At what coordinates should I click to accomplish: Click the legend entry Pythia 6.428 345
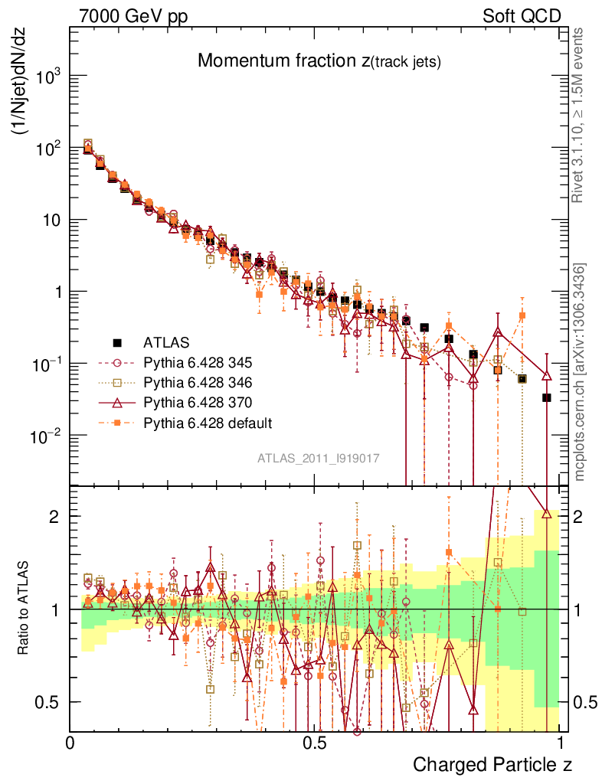(x=198, y=362)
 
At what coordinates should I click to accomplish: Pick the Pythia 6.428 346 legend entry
(x=198, y=382)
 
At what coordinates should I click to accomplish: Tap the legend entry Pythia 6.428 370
(x=198, y=402)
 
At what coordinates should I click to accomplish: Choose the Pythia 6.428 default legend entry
(x=207, y=422)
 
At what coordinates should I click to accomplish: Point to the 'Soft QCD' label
(x=522, y=16)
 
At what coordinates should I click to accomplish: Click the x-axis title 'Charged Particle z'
(x=492, y=764)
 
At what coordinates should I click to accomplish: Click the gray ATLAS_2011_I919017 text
(x=319, y=458)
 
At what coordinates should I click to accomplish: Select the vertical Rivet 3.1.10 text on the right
(x=579, y=115)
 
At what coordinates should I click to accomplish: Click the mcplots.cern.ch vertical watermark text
(x=579, y=371)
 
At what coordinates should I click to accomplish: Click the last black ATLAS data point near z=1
(x=547, y=397)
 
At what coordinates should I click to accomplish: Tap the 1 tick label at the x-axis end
(x=560, y=743)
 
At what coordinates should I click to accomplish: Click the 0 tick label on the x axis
(x=70, y=743)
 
